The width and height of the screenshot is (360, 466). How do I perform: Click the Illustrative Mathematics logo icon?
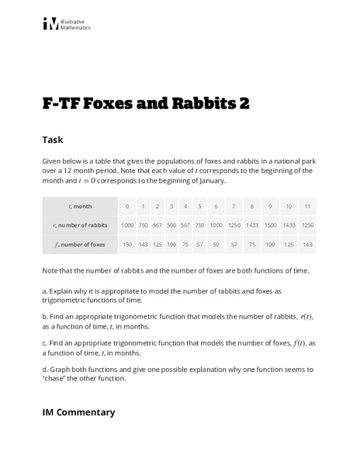tap(50, 25)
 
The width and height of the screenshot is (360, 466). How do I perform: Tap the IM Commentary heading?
tap(79, 412)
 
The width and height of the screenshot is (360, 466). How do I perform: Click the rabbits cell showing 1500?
tap(270, 224)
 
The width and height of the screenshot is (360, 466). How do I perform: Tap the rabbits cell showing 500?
tap(171, 224)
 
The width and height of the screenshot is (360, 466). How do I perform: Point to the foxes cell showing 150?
tap(127, 244)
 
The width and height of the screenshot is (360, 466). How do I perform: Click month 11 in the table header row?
tap(307, 207)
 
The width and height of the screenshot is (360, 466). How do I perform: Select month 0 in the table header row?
tap(127, 207)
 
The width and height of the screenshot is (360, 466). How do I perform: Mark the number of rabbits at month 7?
tap(234, 224)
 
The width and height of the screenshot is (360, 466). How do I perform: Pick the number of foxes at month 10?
tap(289, 244)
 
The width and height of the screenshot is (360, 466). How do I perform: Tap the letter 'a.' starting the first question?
tap(45, 290)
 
